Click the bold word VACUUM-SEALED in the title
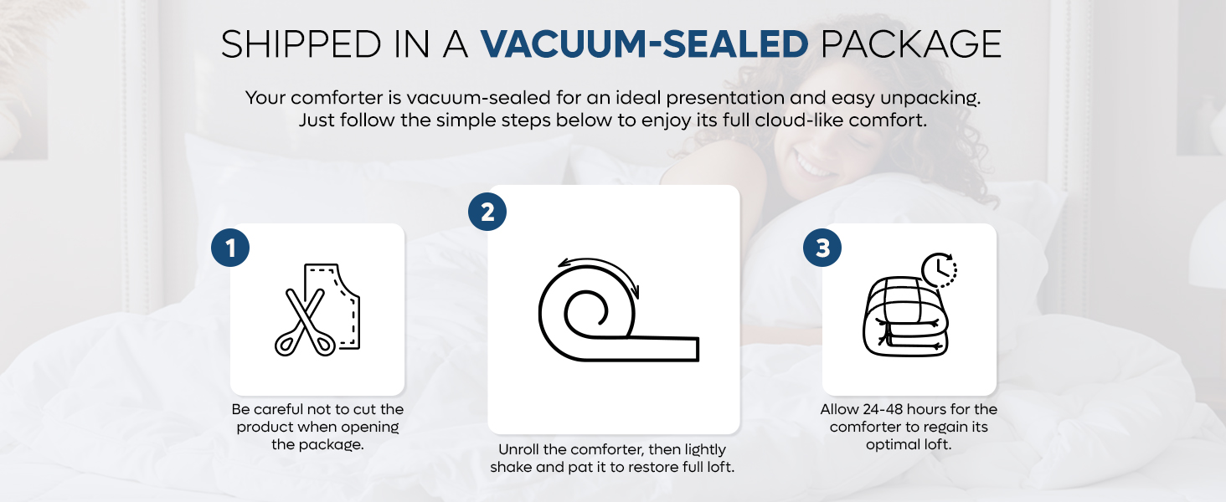(644, 44)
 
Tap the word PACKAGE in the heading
(911, 44)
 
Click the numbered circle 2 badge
(487, 212)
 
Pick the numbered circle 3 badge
(822, 248)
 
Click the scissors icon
(303, 322)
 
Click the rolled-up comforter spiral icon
(586, 314)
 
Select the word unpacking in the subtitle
(934, 97)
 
